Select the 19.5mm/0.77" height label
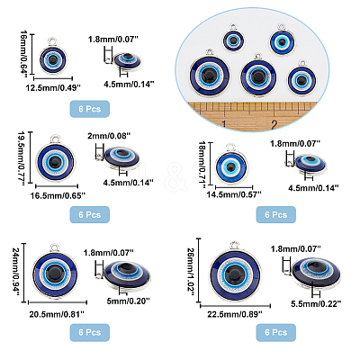[x=21, y=159]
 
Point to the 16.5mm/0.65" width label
[x=58, y=196]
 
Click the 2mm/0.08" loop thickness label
[x=109, y=136]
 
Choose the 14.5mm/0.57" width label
[x=234, y=194]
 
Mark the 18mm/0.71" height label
[x=203, y=165]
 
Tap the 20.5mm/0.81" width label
[x=57, y=314]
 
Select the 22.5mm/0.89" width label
[x=235, y=314]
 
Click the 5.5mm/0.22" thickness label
[x=316, y=304]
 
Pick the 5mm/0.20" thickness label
[x=128, y=301]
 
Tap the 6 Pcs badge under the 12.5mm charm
[x=90, y=109]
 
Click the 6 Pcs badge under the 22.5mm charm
[x=276, y=332]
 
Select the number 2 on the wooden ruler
[x=274, y=124]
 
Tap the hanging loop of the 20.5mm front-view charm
[x=54, y=247]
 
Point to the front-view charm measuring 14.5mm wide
[x=232, y=166]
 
